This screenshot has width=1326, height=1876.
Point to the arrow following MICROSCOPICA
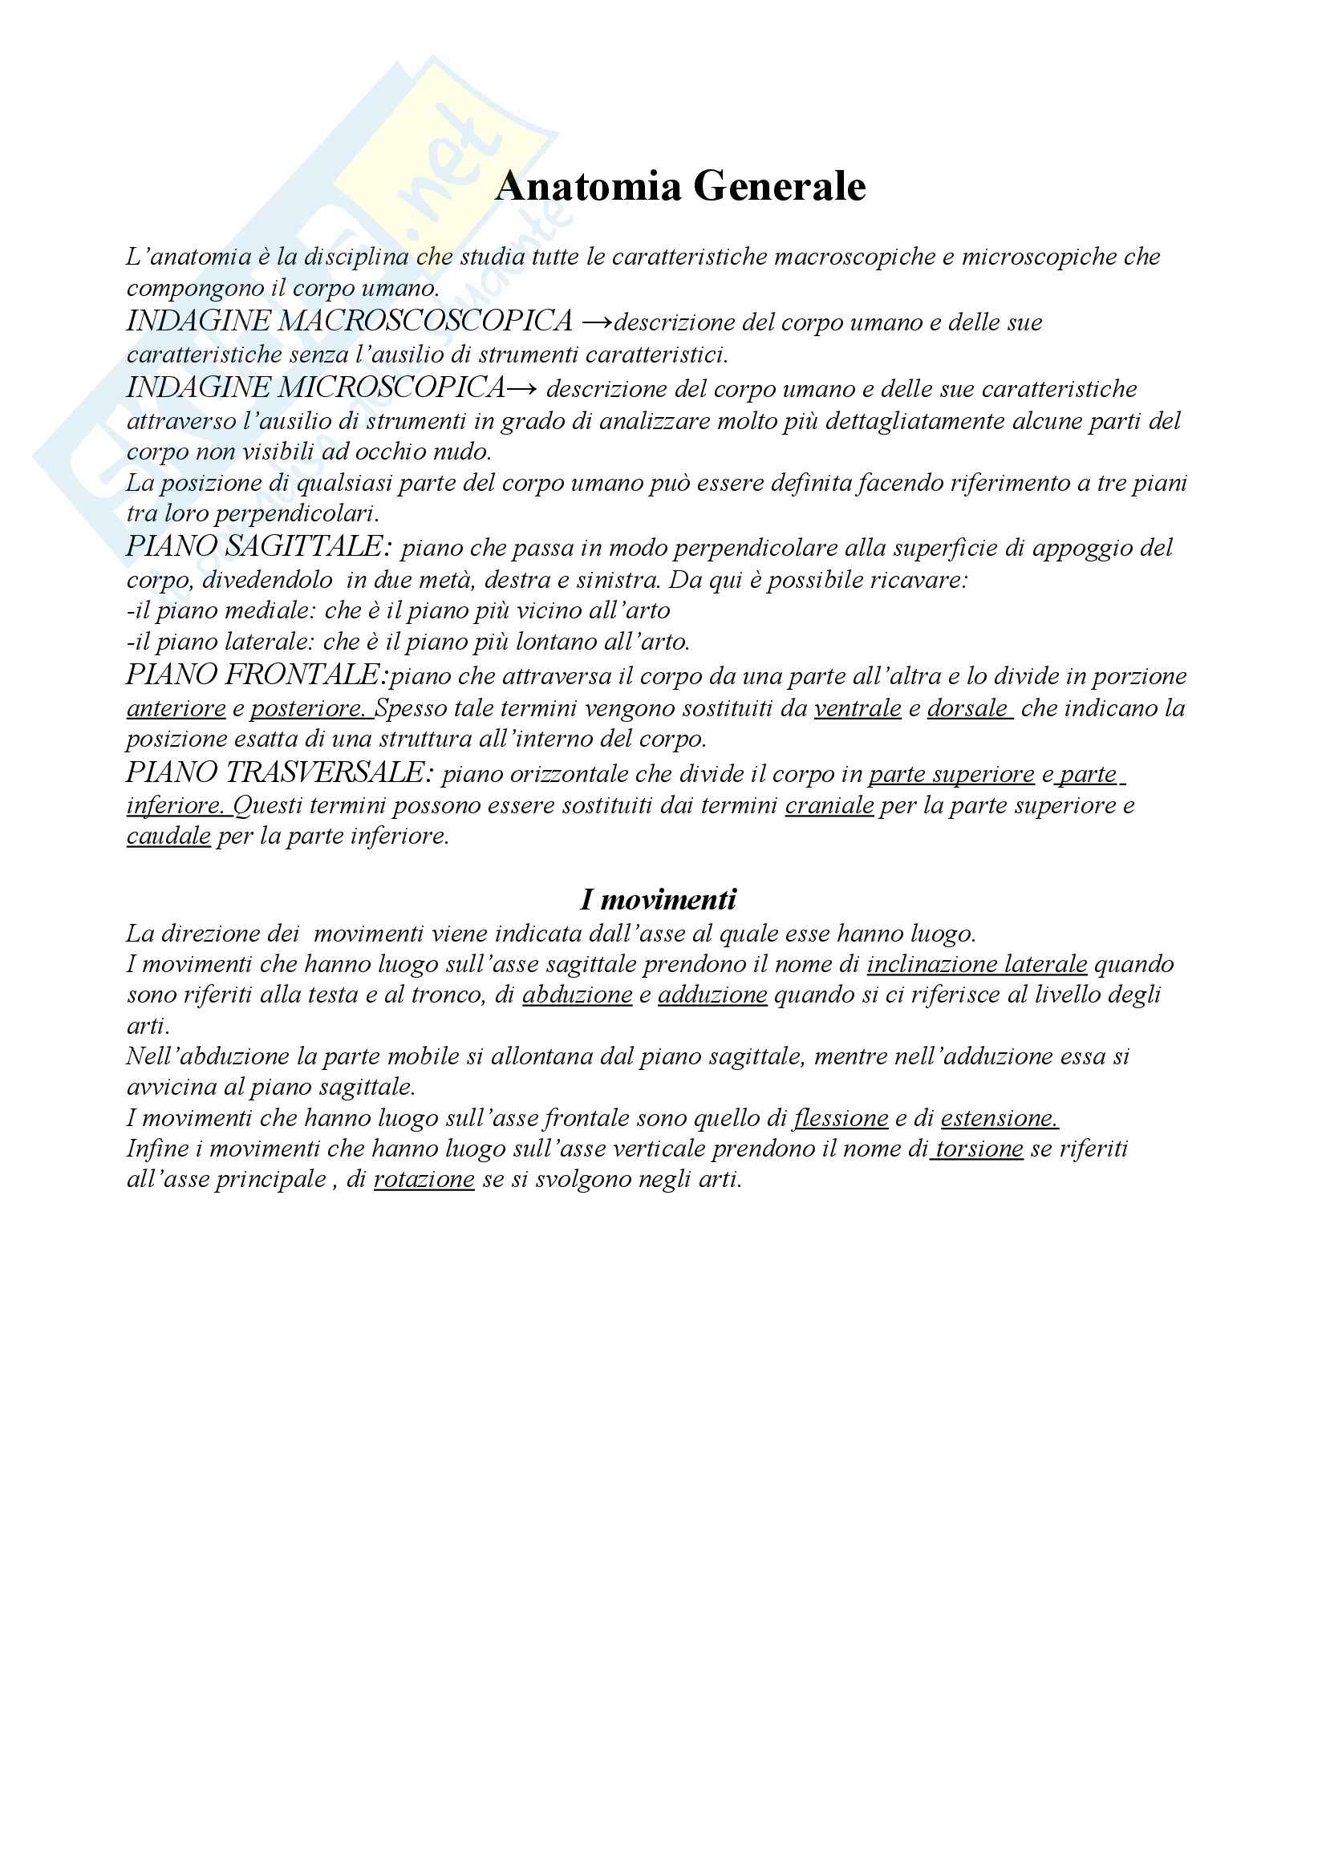(521, 388)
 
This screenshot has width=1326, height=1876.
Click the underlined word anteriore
(176, 707)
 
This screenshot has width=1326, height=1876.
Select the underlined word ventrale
(857, 707)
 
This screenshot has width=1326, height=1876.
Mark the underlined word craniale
(829, 805)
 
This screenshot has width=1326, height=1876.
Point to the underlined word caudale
(168, 836)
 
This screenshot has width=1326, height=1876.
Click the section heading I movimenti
(658, 900)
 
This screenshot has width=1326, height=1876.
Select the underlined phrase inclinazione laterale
(976, 964)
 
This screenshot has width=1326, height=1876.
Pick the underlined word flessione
(841, 1118)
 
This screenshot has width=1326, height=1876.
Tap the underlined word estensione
(999, 1118)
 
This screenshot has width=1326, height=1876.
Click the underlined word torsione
(978, 1149)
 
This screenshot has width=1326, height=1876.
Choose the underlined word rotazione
(424, 1179)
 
